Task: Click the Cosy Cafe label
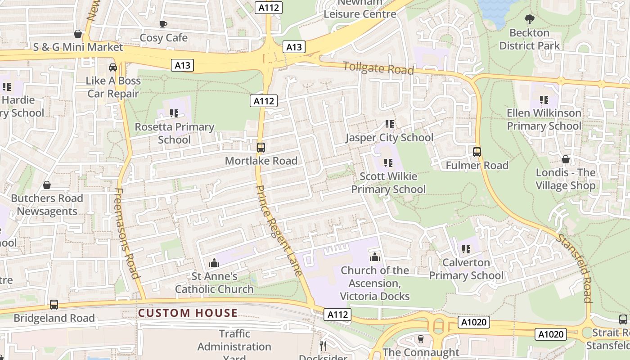click(163, 38)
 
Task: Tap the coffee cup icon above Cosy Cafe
click(163, 24)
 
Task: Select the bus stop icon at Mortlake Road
click(261, 147)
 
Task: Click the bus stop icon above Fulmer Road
click(477, 152)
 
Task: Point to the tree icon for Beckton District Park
click(530, 19)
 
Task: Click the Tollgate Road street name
click(378, 68)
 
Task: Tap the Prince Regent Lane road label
click(279, 230)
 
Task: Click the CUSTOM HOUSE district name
click(188, 313)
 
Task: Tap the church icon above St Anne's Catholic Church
click(214, 263)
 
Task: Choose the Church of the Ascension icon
click(374, 257)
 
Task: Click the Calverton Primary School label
click(466, 269)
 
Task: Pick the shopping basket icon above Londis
click(565, 159)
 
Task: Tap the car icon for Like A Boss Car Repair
click(113, 67)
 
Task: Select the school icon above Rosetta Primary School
click(174, 113)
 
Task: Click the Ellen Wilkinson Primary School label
click(544, 119)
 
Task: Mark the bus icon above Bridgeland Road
click(54, 305)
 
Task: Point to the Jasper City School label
click(389, 138)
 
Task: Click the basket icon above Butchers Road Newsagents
click(47, 185)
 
